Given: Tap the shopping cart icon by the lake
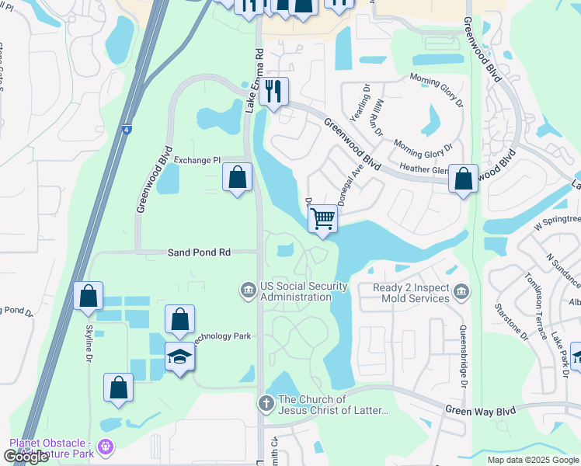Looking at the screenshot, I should coord(322,218).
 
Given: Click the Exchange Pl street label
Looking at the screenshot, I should coord(197,160).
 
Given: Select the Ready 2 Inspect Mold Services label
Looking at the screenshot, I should coord(411,293).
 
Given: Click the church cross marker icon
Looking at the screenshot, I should coord(265,403).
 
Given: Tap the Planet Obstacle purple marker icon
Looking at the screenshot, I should coord(106,447).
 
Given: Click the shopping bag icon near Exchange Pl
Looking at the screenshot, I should coord(237,176).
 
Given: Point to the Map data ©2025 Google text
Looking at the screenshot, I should coord(532,460).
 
